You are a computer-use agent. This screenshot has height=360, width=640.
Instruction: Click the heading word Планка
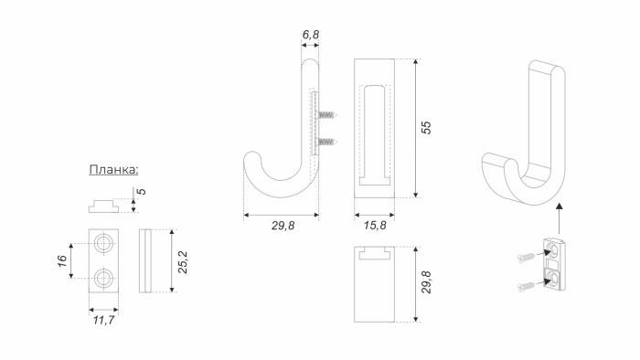(x=114, y=169)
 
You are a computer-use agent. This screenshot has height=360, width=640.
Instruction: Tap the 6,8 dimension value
(x=311, y=35)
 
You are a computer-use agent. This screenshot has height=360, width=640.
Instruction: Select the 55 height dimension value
(x=426, y=128)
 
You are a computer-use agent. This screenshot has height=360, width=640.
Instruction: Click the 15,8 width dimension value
(x=375, y=226)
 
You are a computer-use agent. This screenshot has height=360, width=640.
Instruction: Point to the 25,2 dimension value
(x=183, y=262)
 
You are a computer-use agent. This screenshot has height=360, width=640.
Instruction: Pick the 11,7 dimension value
(x=103, y=320)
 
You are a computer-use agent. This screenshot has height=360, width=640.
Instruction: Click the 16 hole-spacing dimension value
(x=62, y=261)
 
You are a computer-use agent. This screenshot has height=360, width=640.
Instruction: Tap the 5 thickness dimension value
(x=141, y=192)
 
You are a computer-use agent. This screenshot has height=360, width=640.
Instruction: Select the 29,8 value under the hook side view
(x=283, y=226)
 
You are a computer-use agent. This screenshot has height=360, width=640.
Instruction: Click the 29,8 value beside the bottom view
(x=426, y=282)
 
